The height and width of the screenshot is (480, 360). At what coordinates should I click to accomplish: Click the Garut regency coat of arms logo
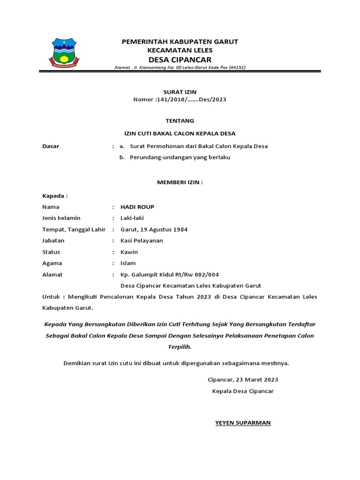pos(65,52)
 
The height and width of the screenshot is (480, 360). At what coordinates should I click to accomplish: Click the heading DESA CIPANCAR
pos(180,59)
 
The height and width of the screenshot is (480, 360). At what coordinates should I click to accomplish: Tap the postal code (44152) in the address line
pos(236,67)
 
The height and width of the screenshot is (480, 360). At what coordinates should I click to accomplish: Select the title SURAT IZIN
pos(180,92)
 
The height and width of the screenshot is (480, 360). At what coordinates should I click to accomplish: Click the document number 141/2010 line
pos(180,99)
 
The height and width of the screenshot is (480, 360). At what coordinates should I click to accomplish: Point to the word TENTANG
pos(180,120)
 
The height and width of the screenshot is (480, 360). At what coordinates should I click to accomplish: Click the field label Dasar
pos(51,146)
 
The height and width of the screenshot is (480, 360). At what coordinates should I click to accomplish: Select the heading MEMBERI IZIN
pos(180,182)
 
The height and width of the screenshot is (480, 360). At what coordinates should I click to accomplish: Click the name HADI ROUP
pos(137,207)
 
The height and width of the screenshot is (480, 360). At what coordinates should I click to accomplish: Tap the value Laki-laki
pos(132,218)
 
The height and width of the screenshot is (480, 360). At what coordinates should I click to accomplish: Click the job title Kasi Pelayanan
pos(142,240)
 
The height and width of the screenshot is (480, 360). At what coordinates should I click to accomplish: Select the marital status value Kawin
pos(129,252)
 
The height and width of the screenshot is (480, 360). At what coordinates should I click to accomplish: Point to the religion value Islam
pos(128,263)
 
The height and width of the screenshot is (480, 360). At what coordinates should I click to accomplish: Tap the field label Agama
pos(52,263)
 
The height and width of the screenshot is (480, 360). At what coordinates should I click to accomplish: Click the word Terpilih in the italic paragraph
pos(180,347)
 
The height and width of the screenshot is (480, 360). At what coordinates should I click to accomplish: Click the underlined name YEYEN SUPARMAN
pos(243,423)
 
